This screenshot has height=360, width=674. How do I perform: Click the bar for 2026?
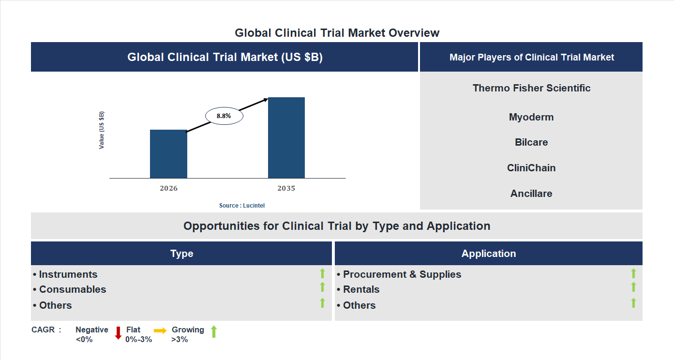(x=168, y=154)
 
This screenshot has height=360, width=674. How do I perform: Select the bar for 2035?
(x=286, y=138)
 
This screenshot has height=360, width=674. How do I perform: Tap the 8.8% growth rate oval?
(x=224, y=116)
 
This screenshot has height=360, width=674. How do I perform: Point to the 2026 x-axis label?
(x=168, y=188)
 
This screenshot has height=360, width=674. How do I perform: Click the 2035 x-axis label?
(x=286, y=188)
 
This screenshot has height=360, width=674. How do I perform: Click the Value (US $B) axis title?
(x=102, y=130)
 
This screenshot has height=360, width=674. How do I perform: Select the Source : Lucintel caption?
(x=242, y=206)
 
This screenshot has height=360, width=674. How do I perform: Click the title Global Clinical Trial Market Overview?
(x=337, y=33)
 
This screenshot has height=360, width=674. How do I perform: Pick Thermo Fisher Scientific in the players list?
(x=531, y=88)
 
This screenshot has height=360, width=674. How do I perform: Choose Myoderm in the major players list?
(x=531, y=117)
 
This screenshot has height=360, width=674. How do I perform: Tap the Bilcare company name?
(x=531, y=142)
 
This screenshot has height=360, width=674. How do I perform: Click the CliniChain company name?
(x=531, y=168)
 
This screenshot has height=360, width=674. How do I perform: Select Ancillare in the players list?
(x=531, y=194)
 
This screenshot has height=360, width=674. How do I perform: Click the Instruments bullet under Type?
(x=68, y=274)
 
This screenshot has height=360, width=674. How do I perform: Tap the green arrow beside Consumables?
(x=322, y=287)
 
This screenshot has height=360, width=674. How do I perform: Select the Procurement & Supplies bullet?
(x=402, y=274)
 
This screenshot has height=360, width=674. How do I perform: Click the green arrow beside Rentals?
(x=633, y=287)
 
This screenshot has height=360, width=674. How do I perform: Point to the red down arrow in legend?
(x=118, y=333)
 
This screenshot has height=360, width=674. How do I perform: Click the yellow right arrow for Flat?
(x=160, y=330)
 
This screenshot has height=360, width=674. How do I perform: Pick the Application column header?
(x=488, y=254)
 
